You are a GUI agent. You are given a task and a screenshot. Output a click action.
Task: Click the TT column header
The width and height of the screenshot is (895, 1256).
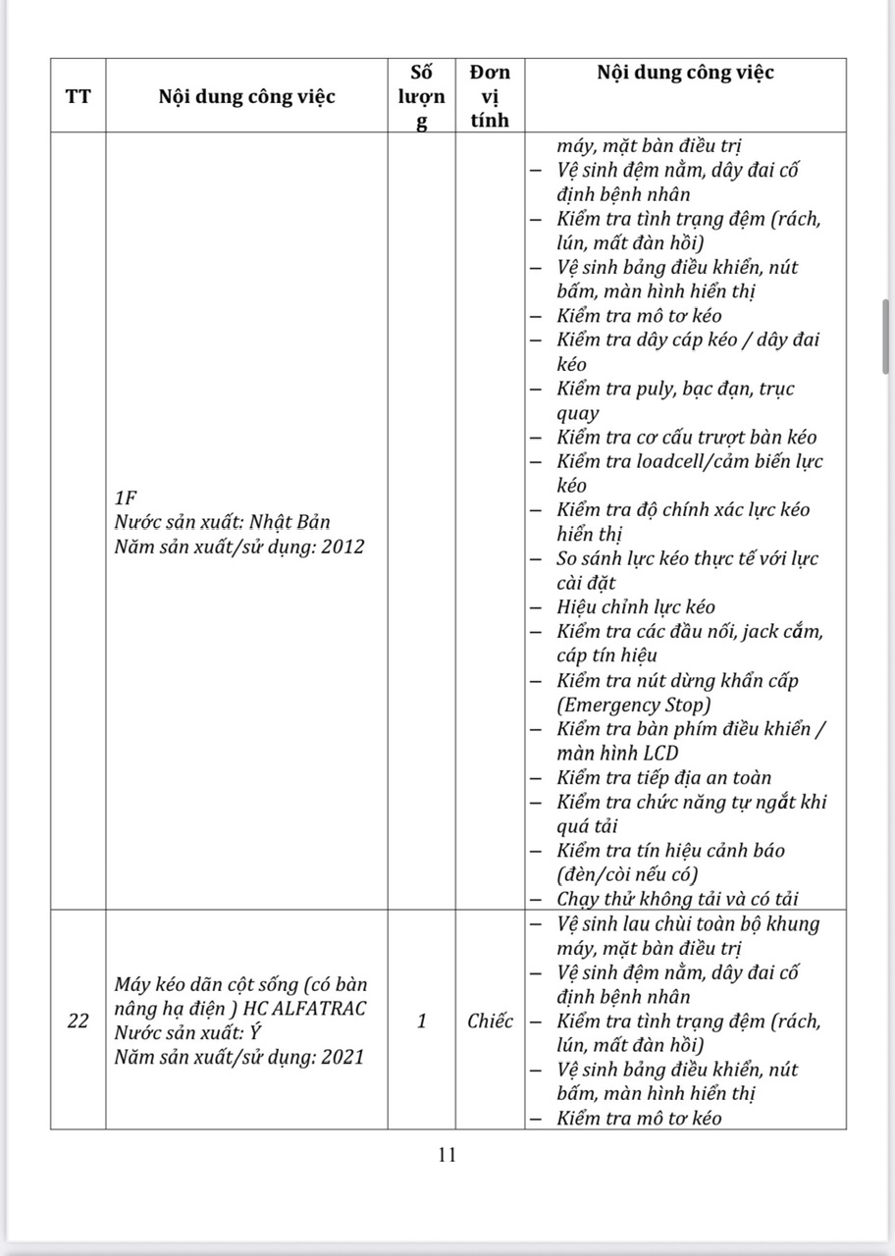pos(78,96)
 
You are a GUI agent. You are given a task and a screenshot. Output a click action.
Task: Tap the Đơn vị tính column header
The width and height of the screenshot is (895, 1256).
pos(490,96)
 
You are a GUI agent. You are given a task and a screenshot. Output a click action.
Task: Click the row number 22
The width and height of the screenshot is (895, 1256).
pos(78,1020)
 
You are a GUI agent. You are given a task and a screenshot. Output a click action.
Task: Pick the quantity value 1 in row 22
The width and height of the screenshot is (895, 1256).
pos(421,1020)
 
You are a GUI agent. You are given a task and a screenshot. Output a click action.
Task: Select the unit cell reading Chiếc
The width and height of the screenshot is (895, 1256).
pos(490,1020)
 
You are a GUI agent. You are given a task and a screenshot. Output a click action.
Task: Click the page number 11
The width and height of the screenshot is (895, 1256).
pos(447,1155)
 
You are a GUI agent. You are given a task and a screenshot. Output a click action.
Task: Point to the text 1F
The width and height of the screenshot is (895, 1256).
pos(126,498)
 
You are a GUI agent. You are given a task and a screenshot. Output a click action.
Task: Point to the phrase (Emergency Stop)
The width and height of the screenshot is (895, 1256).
pos(634,705)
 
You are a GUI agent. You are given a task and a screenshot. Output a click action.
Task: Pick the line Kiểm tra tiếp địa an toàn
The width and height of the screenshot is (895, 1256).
pos(664,778)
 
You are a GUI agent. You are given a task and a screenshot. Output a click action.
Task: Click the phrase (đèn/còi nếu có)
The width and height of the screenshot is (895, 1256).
pos(627,874)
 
